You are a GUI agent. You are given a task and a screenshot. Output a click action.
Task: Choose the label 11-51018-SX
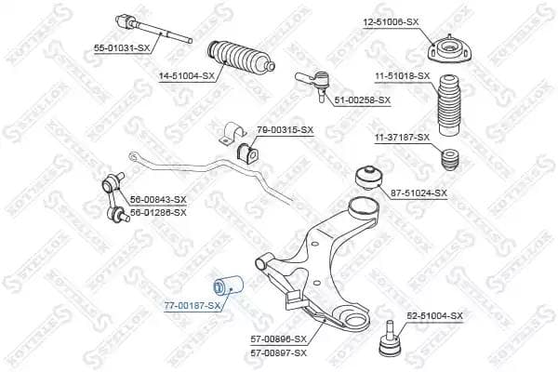pyautogui.click(x=403, y=75)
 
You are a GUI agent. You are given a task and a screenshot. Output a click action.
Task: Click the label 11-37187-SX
pyautogui.click(x=402, y=138)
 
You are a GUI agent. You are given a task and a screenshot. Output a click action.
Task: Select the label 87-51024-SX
pyautogui.click(x=418, y=193)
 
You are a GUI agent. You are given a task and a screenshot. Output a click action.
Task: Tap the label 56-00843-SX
pyautogui.click(x=158, y=200)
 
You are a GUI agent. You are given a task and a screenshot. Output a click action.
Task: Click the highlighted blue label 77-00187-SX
pyautogui.click(x=193, y=305)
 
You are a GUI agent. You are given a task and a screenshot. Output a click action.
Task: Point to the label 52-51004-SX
pyautogui.click(x=433, y=316)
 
